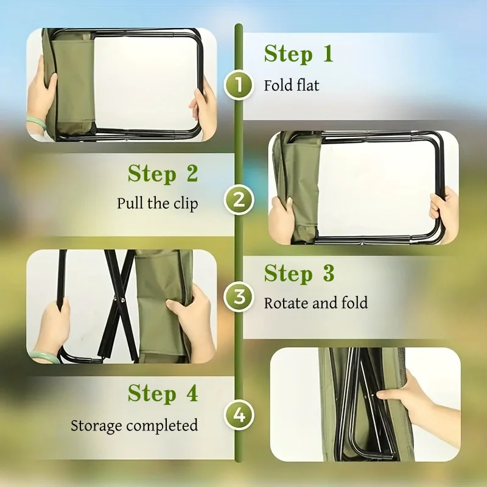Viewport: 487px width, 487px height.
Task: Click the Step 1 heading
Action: coord(298,54)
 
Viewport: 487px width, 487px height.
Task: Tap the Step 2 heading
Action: coord(163,174)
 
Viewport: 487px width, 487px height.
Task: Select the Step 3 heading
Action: coord(299,274)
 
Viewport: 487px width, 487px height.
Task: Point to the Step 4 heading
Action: coord(163,394)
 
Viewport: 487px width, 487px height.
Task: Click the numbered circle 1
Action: coord(239,85)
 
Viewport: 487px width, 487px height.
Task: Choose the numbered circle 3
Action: coord(239,298)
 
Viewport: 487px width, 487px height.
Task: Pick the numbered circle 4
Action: coord(239,416)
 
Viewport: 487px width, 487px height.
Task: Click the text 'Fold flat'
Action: coord(291,85)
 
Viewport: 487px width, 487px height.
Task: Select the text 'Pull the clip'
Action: coord(157,203)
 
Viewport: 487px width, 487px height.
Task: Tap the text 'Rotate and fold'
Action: coord(315,303)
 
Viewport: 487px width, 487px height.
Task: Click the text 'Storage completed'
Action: coord(134,425)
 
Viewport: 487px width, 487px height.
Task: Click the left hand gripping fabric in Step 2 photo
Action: coord(283,219)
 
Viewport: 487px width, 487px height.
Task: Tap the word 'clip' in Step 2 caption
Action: coord(185,203)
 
